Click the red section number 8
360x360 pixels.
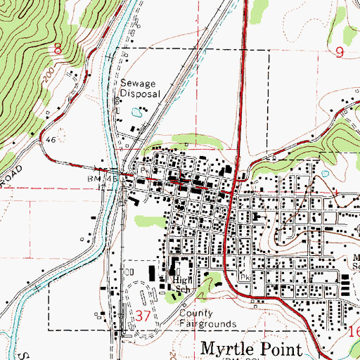(x=58, y=49)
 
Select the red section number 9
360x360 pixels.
(x=340, y=51)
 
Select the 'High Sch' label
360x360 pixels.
(x=182, y=284)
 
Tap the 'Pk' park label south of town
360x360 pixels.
(x=245, y=277)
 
